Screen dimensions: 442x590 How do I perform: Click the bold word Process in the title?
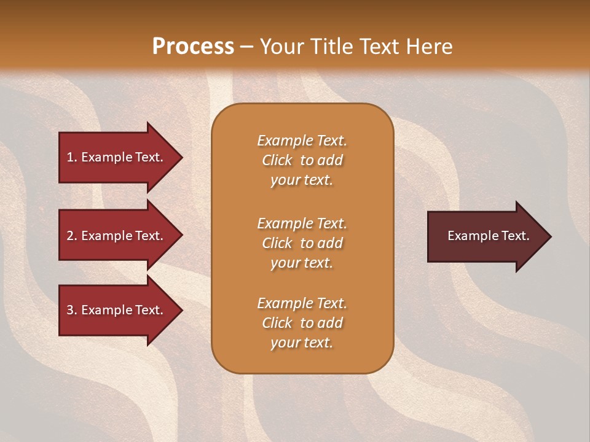[193, 47]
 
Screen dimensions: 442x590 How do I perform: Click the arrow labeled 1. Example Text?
[117, 157]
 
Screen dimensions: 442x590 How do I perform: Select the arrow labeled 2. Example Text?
[117, 236]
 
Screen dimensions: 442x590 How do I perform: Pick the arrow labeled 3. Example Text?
[117, 310]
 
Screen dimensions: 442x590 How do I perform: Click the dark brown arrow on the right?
[486, 236]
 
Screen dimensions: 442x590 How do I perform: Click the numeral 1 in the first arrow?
[70, 157]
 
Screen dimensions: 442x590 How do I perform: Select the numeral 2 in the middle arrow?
[70, 236]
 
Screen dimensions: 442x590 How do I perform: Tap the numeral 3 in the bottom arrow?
[70, 310]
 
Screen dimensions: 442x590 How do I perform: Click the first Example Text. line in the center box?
[302, 141]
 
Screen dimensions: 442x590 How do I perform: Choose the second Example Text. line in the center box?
[302, 223]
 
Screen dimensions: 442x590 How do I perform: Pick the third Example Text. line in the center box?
[302, 303]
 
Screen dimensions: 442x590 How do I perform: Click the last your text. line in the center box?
[302, 343]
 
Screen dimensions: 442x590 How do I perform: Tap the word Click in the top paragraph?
[277, 160]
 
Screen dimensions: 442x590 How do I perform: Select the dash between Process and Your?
[247, 47]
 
